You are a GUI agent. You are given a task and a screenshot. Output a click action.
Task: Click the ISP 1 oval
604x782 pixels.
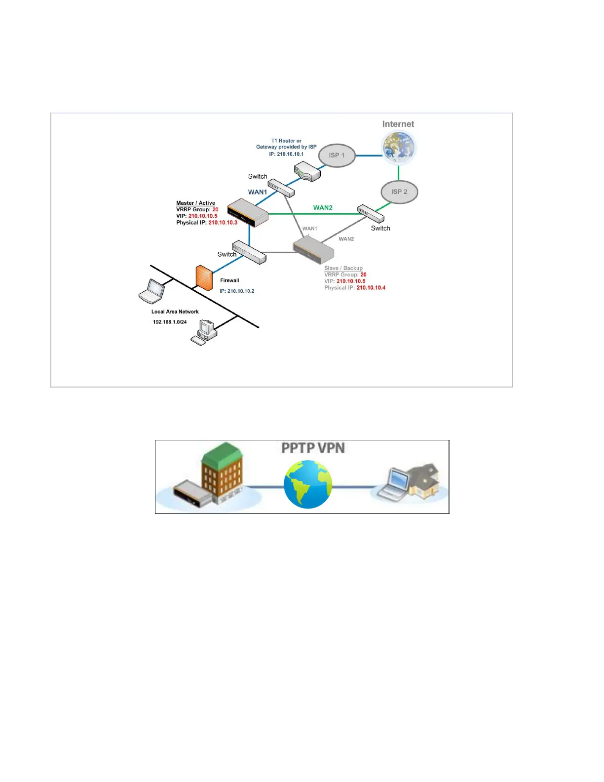[337, 156]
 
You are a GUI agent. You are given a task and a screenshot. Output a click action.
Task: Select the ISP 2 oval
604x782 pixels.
[399, 192]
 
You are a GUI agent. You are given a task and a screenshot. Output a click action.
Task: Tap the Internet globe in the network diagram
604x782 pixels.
[399, 148]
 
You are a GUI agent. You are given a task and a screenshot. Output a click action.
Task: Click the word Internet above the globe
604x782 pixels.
[398, 124]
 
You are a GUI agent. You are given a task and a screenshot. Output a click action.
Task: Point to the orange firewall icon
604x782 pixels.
[204, 277]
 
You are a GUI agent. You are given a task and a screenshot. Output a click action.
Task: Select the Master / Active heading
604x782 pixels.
[195, 203]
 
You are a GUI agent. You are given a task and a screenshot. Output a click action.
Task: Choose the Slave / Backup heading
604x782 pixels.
[343, 268]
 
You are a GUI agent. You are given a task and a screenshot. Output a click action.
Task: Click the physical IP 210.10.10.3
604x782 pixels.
[223, 223]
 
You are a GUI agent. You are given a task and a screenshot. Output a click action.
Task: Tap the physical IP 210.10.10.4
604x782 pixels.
[371, 288]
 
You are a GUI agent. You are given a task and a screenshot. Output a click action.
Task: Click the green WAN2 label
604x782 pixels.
[323, 208]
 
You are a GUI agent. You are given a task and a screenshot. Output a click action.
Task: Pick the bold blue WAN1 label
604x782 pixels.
[258, 192]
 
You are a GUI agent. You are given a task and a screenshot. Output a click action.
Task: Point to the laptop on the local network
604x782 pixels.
[152, 291]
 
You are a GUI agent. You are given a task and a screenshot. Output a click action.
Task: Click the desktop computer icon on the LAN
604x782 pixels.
[206, 331]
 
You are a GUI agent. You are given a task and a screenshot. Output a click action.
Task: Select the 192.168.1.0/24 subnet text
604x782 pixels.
[170, 322]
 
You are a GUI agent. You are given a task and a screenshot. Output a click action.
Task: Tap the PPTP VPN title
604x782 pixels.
[313, 448]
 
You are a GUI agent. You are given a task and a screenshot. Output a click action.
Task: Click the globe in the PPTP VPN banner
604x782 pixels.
[308, 484]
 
